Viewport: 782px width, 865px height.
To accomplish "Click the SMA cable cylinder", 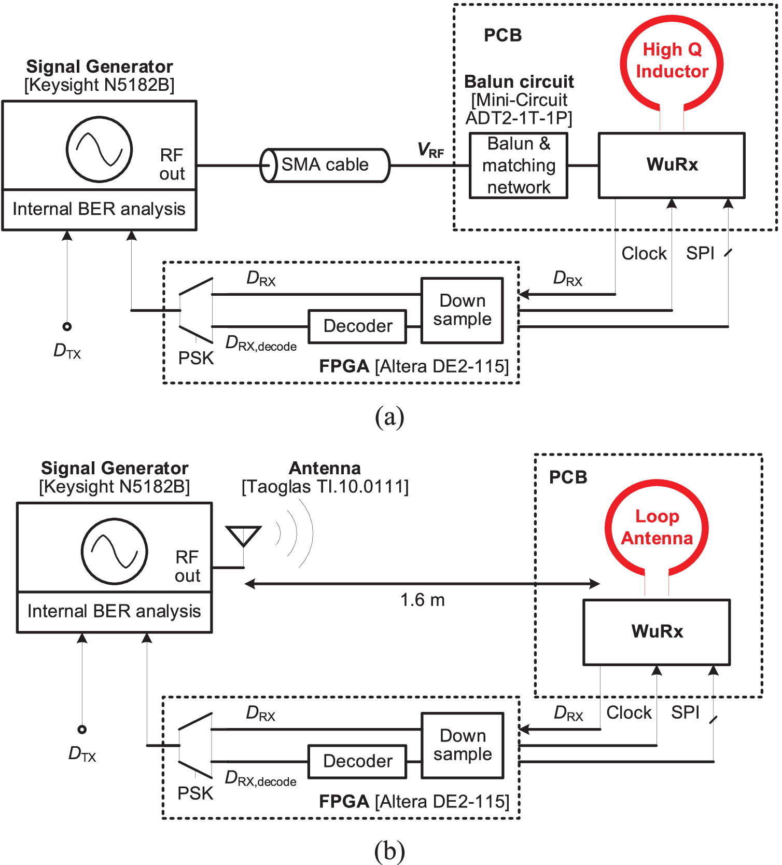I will tap(325, 166).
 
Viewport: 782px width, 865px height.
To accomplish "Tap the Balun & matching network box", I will tap(519, 166).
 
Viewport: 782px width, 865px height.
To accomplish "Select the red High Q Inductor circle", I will tap(672, 61).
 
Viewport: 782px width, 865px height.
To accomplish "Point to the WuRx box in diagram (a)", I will tap(672, 165).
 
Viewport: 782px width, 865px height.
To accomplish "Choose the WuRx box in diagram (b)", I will tap(657, 631).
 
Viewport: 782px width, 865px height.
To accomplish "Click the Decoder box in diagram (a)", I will tap(357, 326).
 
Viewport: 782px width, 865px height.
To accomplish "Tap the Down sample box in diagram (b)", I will tap(462, 745).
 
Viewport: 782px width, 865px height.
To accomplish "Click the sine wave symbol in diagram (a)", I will tap(99, 149).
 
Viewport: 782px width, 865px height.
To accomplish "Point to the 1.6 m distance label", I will tap(422, 600).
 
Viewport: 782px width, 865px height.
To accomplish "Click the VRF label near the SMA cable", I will tap(430, 150).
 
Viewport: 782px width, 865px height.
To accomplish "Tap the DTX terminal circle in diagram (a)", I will tap(67, 326).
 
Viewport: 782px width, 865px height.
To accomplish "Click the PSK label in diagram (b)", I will tap(195, 793).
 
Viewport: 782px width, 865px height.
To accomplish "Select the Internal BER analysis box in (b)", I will tap(114, 612).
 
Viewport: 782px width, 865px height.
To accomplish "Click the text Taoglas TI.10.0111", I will tap(325, 487).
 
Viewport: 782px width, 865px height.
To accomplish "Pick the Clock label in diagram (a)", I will tap(644, 254).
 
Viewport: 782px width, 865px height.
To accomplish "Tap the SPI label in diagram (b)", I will tap(685, 713).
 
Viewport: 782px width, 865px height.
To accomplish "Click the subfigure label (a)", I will tap(389, 417).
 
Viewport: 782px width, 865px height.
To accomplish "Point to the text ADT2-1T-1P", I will tap(519, 118).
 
